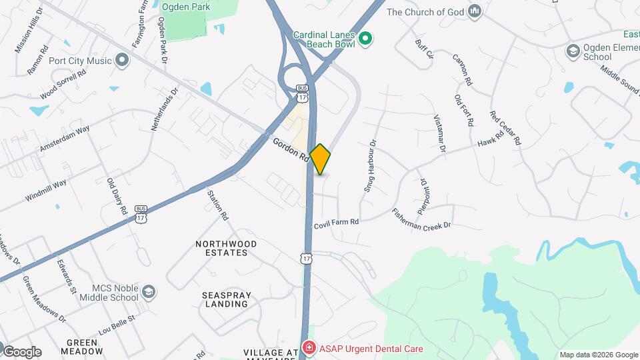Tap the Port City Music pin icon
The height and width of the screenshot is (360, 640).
[x=121, y=61]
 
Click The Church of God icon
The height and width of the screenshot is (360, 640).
[x=475, y=11]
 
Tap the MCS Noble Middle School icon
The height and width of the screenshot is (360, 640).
[x=148, y=292]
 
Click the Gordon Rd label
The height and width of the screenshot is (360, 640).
[x=291, y=149]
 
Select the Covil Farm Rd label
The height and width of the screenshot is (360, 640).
[x=337, y=221]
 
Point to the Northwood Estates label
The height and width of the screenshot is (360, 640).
[x=221, y=249]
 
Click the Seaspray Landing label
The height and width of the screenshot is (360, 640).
[x=225, y=299]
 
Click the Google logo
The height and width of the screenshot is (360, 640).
[x=21, y=351]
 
